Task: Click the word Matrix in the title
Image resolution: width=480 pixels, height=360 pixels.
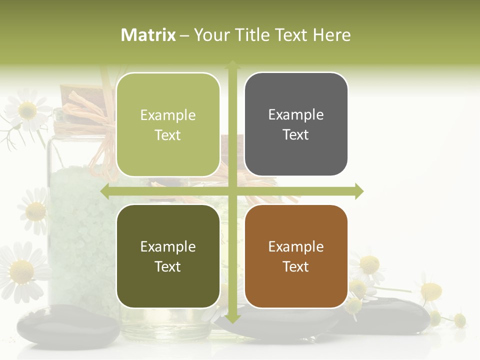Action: click(148, 35)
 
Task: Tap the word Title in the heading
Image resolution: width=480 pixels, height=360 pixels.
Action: click(252, 35)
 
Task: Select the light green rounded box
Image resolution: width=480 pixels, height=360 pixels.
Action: click(168, 124)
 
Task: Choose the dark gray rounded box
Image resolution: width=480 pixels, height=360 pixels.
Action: click(296, 124)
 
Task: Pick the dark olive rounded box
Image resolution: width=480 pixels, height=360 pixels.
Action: click(168, 256)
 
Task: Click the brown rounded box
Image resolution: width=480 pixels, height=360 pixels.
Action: click(296, 256)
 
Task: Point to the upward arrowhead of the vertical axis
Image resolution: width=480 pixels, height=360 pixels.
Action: click(232, 64)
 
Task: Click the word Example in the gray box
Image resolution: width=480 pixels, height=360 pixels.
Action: click(296, 114)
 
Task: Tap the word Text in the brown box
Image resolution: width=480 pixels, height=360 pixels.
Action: click(296, 266)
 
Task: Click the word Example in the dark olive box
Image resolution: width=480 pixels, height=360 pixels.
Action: click(168, 246)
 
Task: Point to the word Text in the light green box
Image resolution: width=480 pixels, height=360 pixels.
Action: click(168, 135)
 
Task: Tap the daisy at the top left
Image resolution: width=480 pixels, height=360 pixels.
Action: click(27, 110)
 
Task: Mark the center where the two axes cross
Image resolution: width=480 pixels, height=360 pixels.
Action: click(232, 191)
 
